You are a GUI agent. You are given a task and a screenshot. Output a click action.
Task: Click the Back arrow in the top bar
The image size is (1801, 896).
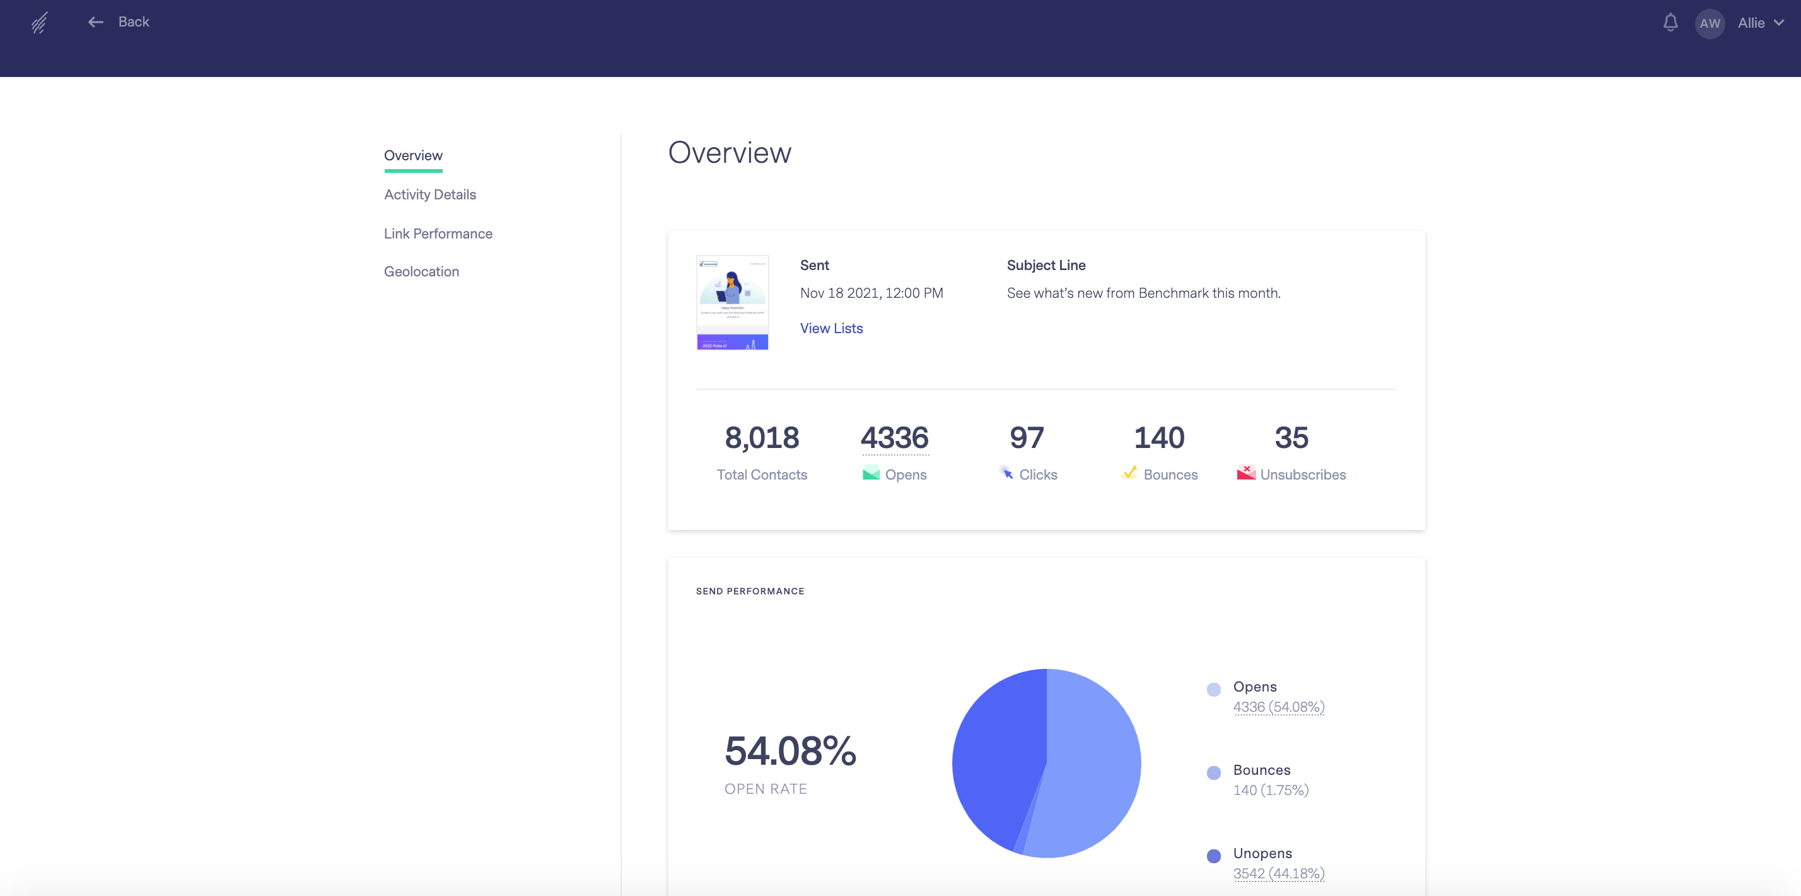click(96, 22)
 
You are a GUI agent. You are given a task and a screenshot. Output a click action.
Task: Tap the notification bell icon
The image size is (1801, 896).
click(1670, 22)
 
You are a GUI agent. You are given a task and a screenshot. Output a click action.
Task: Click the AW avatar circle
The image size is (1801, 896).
click(1710, 23)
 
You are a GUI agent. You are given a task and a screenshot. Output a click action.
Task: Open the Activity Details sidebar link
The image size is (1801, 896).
click(429, 194)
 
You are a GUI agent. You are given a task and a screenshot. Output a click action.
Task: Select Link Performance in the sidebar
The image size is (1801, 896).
click(438, 233)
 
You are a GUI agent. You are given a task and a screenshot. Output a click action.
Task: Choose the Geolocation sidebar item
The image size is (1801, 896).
click(421, 271)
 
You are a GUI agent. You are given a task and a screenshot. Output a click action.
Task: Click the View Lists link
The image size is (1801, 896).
click(831, 328)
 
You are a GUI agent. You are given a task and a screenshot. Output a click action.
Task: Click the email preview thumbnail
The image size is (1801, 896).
click(732, 302)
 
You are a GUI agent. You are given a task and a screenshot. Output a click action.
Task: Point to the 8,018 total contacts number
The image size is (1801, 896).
click(761, 438)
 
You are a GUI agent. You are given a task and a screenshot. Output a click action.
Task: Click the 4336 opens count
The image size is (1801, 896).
click(894, 438)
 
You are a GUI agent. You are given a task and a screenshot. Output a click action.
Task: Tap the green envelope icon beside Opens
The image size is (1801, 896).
click(870, 473)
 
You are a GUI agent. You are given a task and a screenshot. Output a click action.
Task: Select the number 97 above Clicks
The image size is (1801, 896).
click(1027, 438)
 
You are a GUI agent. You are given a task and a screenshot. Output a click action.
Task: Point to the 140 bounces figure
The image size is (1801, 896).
click(1158, 438)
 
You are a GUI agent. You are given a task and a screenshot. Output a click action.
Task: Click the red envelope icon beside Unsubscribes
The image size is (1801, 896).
click(1246, 473)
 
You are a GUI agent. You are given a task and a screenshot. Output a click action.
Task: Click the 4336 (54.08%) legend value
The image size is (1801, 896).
click(1278, 707)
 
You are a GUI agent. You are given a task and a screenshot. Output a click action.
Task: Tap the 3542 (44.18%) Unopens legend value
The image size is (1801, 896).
click(1278, 874)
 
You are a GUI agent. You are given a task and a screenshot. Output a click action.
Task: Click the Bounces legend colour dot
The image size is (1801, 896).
click(1214, 773)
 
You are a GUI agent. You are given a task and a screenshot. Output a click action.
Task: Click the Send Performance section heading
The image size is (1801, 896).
click(750, 591)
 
